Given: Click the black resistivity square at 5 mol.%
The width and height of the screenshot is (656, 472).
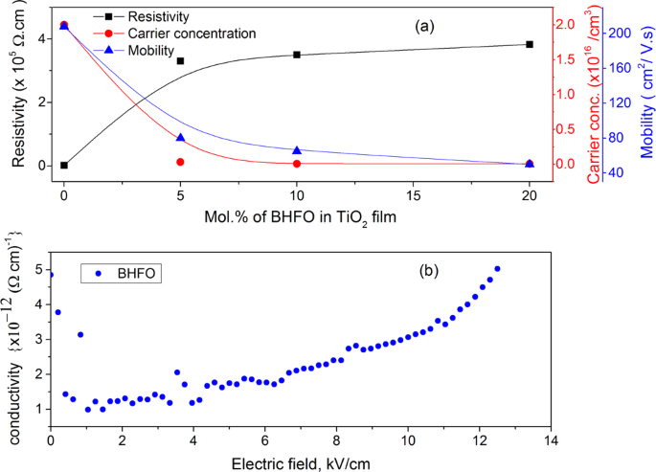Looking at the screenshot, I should (x=180, y=61).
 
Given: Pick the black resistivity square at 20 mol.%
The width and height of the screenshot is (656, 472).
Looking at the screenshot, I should (x=530, y=44).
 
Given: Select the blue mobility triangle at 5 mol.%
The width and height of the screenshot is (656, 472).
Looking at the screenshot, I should (x=180, y=138).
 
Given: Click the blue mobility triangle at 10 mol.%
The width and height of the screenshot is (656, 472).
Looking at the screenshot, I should (x=297, y=150).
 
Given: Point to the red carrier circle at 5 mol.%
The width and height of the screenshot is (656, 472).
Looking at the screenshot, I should (x=180, y=162).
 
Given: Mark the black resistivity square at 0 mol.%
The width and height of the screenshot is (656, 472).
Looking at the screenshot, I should (x=64, y=165).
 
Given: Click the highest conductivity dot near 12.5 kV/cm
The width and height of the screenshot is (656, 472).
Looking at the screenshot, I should (x=497, y=269).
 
